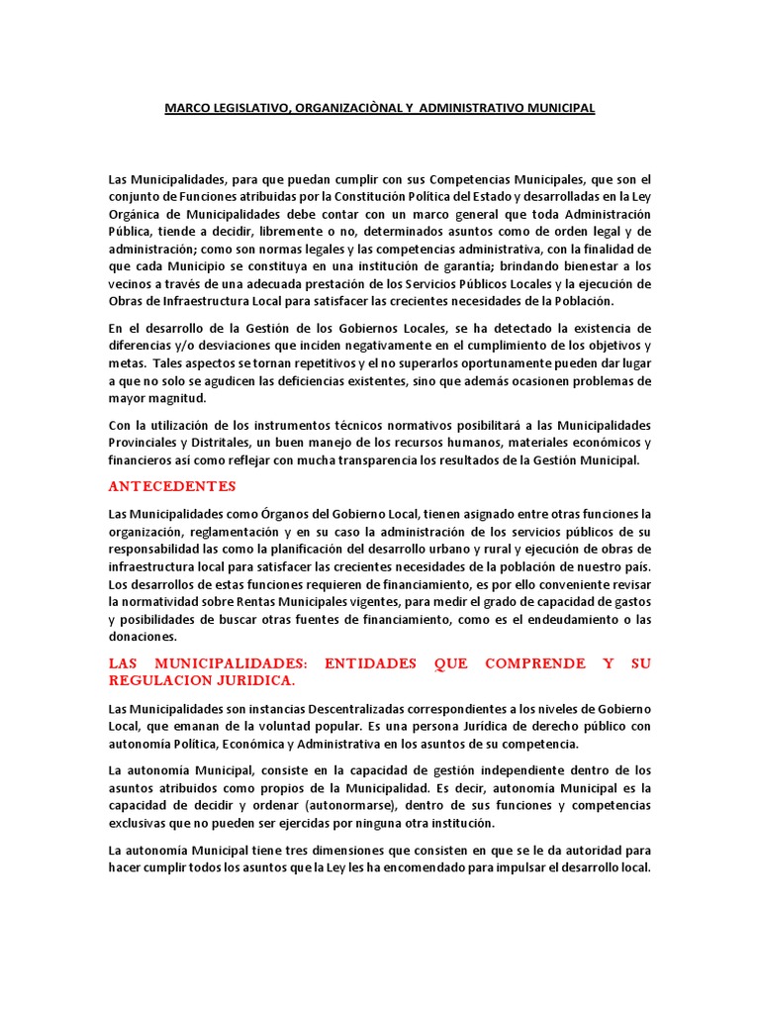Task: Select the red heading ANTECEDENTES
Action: click(x=173, y=486)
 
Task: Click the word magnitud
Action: click(x=179, y=399)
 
